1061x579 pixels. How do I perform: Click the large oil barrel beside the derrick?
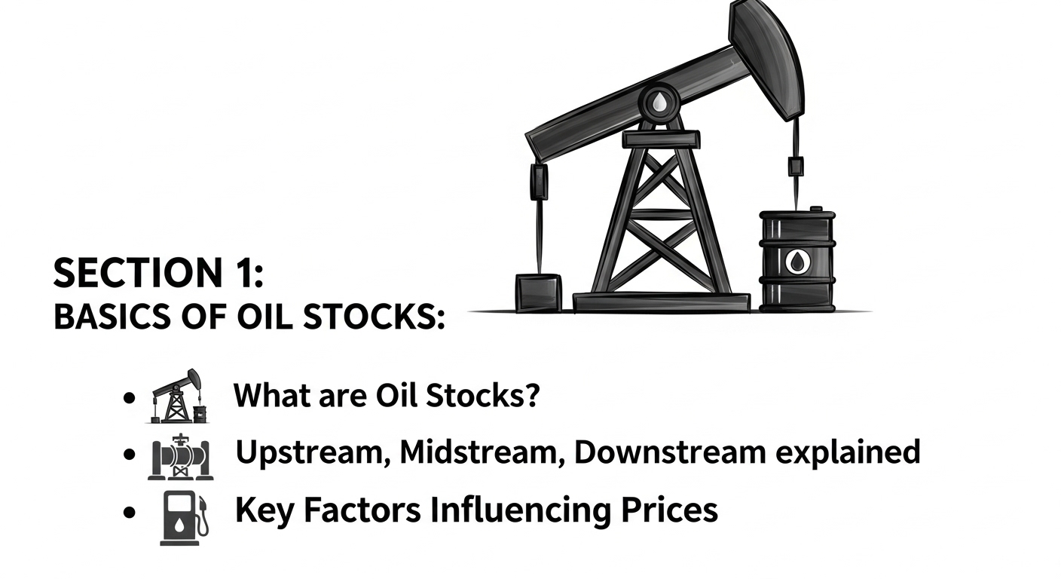click(x=797, y=260)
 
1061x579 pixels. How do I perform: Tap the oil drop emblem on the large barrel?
click(x=797, y=262)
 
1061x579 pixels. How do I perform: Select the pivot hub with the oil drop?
click(x=659, y=103)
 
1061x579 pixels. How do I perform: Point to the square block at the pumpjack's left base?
click(x=538, y=293)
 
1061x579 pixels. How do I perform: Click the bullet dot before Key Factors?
click(x=130, y=513)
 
